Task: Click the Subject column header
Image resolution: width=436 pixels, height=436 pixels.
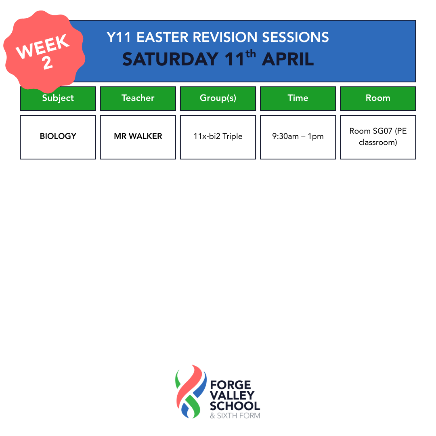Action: tap(58, 99)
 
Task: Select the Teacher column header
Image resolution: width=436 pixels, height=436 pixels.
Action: tap(138, 99)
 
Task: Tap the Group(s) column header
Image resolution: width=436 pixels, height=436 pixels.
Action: tap(218, 99)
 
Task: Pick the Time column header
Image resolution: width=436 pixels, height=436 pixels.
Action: tap(298, 99)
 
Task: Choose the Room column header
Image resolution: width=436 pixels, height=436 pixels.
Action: tap(378, 99)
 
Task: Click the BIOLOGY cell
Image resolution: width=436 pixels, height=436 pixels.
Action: tap(58, 137)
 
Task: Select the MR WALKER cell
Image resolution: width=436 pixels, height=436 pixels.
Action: tap(138, 137)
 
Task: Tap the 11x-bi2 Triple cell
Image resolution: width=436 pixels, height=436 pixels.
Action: tap(218, 137)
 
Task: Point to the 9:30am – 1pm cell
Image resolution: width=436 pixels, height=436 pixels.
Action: tap(298, 137)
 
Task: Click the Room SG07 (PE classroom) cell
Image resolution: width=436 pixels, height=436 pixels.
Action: tap(378, 137)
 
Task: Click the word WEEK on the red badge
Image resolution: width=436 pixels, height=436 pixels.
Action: tap(42, 46)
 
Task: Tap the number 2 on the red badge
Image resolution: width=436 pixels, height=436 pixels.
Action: tap(48, 63)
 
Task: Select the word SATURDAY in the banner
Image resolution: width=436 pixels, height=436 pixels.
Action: tap(170, 59)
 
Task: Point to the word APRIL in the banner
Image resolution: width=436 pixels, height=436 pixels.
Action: tap(288, 59)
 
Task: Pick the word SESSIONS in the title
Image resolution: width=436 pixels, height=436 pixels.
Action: tap(295, 37)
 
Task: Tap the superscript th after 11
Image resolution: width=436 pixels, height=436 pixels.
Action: tap(251, 53)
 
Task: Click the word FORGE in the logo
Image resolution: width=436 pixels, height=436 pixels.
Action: tap(231, 385)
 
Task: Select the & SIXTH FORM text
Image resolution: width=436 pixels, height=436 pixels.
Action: tap(235, 416)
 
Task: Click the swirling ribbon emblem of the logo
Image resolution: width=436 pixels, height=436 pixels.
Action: tap(191, 392)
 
